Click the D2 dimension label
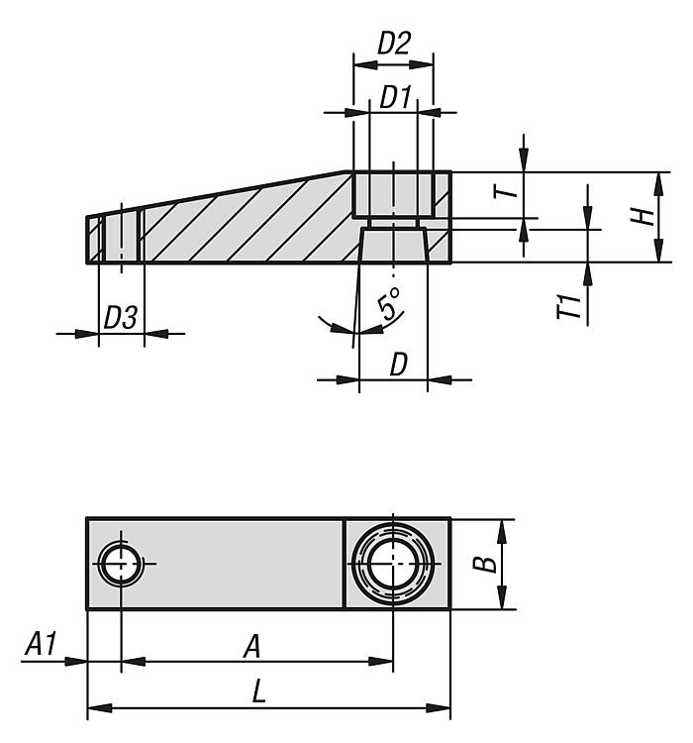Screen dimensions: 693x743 [394, 44]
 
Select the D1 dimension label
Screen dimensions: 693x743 [396, 98]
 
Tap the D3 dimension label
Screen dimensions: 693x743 [121, 317]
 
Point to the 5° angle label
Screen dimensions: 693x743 [390, 303]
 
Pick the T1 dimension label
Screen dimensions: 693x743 [568, 306]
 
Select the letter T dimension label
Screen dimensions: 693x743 [505, 192]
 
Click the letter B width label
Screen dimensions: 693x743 [485, 565]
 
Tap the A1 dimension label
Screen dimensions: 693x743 [41, 644]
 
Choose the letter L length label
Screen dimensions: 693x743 [258, 690]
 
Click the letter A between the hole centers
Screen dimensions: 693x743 [252, 647]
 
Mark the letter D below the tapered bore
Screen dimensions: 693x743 [398, 365]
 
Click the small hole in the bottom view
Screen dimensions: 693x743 [122, 564]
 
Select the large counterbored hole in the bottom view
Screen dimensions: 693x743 [393, 564]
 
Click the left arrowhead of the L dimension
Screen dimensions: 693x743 [99, 708]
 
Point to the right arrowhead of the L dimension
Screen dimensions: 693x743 [439, 708]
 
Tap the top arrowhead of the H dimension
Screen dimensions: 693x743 [658, 184]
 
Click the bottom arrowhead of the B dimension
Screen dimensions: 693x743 [502, 597]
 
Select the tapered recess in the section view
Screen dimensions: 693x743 [394, 245]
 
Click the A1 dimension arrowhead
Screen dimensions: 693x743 [76, 661]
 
